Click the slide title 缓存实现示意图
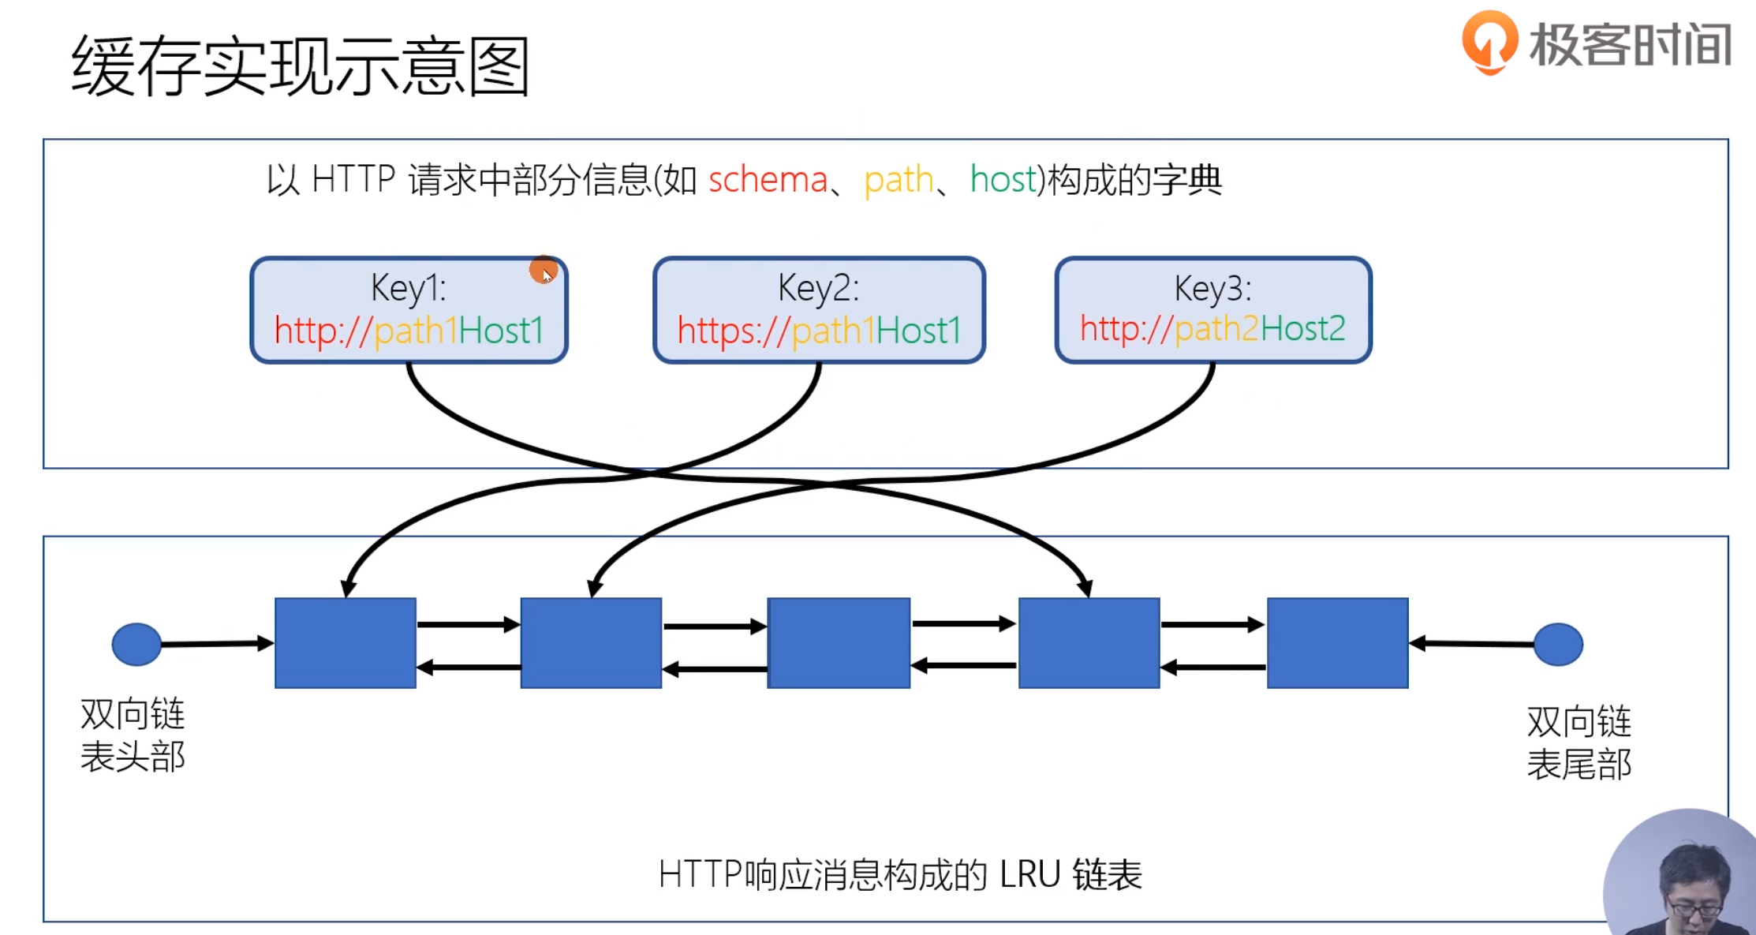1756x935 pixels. (300, 66)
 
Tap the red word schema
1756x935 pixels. (768, 180)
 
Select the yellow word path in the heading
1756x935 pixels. (899, 181)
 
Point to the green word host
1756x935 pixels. (1003, 180)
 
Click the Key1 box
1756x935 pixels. (409, 310)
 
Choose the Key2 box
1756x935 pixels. (819, 310)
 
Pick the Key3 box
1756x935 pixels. (1212, 310)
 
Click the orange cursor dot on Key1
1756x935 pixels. (543, 270)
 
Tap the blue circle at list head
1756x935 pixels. (136, 644)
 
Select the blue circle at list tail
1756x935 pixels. (1558, 644)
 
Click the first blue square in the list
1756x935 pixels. (346, 642)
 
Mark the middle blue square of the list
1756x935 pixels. (839, 642)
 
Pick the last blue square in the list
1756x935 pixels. (1337, 642)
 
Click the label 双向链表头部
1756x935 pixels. (133, 735)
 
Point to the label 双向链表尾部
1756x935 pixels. (1579, 742)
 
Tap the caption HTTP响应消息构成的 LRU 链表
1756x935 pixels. (900, 874)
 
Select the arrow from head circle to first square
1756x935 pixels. (217, 644)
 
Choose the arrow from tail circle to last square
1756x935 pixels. (1472, 644)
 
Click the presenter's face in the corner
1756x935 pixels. (1692, 888)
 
